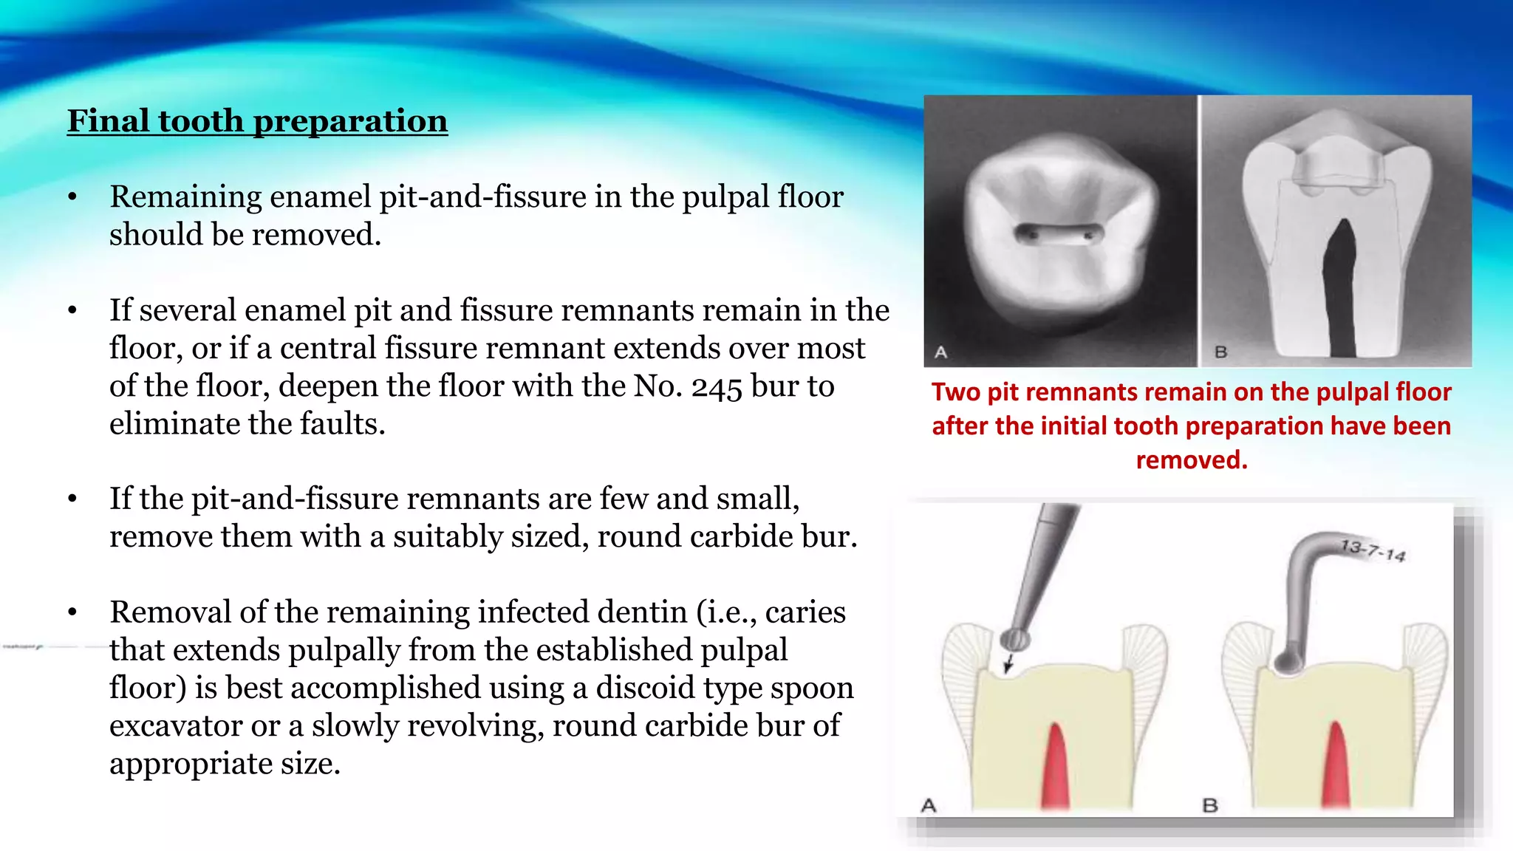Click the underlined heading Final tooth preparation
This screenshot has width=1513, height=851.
point(257,121)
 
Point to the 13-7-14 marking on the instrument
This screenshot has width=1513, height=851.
point(1373,550)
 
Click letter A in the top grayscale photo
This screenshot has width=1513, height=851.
point(940,352)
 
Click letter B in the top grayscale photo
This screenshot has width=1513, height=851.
point(1221,352)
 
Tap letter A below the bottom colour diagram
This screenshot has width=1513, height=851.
point(929,805)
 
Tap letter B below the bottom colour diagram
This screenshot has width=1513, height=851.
point(1210,805)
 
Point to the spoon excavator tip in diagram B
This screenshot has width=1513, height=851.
point(1288,663)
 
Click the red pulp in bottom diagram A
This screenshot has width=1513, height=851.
point(1055,768)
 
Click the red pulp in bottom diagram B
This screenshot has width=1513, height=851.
point(1336,768)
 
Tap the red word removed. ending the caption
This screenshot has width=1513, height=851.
point(1191,460)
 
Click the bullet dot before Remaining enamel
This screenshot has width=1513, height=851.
point(72,197)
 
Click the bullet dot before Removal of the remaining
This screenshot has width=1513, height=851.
point(72,612)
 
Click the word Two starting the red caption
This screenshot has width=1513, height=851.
point(956,392)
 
